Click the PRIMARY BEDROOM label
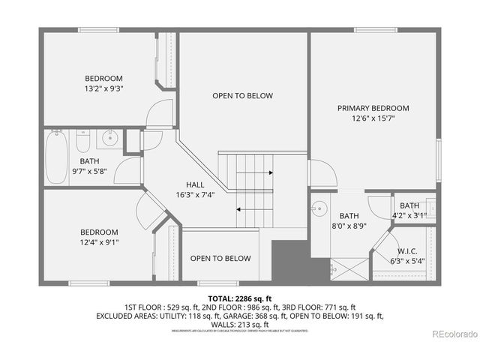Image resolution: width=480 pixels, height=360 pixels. click(x=373, y=108)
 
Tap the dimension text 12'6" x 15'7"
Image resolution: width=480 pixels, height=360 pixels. click(x=373, y=118)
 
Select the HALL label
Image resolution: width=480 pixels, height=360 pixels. click(x=195, y=184)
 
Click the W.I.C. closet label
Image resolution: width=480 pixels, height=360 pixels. click(x=407, y=251)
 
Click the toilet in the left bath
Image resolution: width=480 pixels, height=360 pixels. click(x=83, y=139)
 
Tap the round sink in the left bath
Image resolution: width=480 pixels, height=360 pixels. click(x=110, y=137)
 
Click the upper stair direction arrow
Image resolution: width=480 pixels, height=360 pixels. click(x=255, y=172)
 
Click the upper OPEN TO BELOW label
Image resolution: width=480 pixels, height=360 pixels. click(x=242, y=96)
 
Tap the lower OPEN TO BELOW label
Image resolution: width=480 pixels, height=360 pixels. click(x=220, y=259)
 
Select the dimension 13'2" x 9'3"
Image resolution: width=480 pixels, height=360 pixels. click(x=103, y=88)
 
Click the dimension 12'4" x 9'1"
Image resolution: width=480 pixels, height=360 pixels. click(x=99, y=242)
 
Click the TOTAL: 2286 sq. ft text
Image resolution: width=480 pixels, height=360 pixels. click(x=239, y=298)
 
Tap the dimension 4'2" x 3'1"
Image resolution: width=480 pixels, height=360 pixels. click(x=409, y=216)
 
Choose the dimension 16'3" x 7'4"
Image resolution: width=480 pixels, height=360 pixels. click(x=195, y=195)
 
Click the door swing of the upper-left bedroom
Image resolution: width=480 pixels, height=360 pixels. click(x=159, y=115)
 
